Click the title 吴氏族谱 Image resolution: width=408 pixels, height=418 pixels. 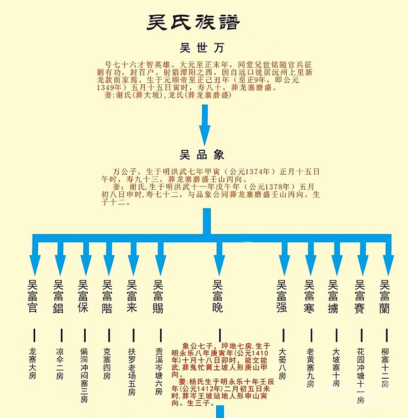pyautogui.click(x=194, y=22)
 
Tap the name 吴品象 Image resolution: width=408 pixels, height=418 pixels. pyautogui.click(x=202, y=154)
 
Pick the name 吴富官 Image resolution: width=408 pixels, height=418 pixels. pyautogui.click(x=33, y=296)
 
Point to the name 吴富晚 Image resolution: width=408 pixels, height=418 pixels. pyautogui.click(x=218, y=296)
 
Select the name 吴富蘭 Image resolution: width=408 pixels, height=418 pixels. pyautogui.click(x=386, y=296)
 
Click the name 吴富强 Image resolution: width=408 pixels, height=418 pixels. pyautogui.click(x=282, y=296)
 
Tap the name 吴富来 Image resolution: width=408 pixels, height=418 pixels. pyautogui.click(x=133, y=296)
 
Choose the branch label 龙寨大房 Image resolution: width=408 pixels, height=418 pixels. pyautogui.click(x=33, y=364)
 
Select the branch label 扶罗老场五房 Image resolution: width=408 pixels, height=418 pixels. pyautogui.click(x=132, y=371)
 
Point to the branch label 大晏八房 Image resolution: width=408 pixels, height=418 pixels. pyautogui.click(x=282, y=364)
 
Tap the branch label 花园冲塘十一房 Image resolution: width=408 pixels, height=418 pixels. pyautogui.click(x=361, y=376)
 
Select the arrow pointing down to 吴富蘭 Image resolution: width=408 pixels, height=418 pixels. pyautogui.click(x=388, y=258)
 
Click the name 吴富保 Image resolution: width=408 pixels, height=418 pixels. pyautogui.click(x=83, y=296)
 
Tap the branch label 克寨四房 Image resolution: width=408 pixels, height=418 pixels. pyautogui.click(x=107, y=364)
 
